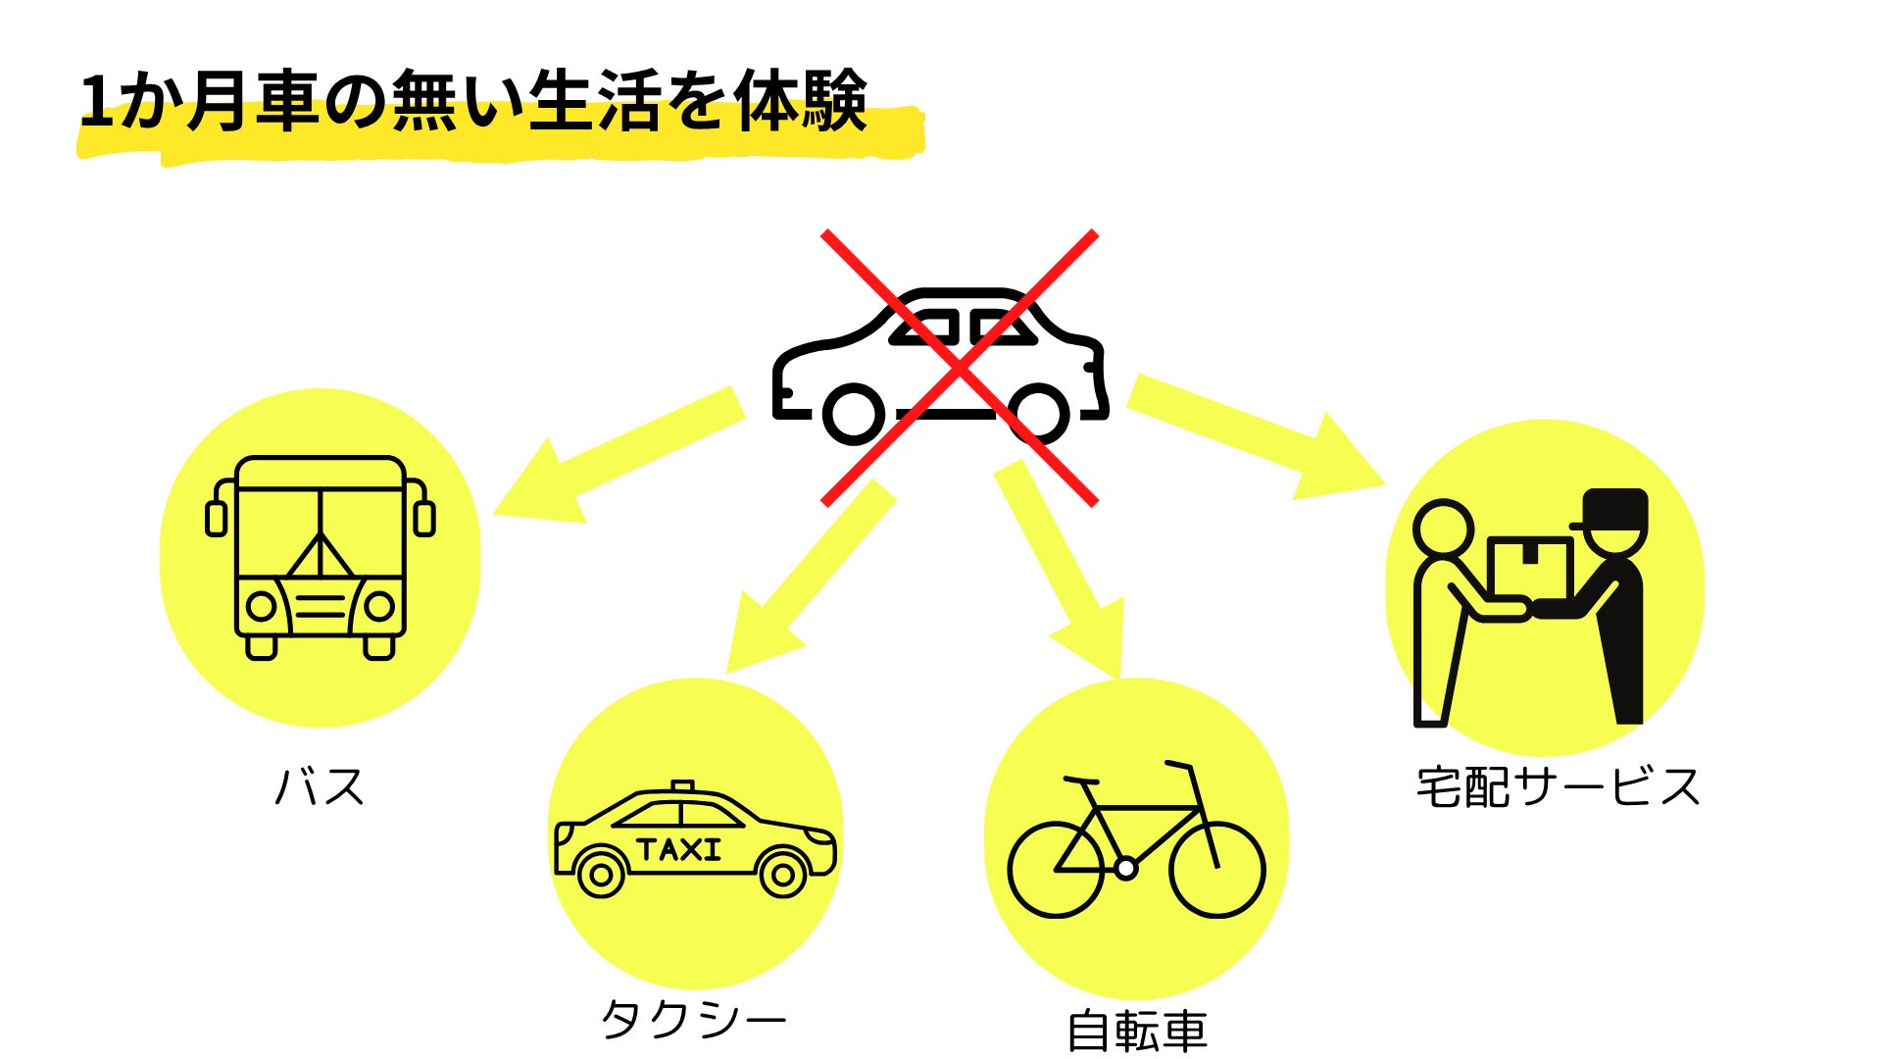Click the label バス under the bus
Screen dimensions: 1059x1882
320,786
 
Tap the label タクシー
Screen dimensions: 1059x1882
693,1020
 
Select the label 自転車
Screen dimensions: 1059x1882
1136,1032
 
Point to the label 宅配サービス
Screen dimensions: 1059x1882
1558,786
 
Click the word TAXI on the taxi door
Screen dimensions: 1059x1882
679,849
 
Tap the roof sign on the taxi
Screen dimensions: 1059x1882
683,786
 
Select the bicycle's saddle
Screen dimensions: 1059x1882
1081,781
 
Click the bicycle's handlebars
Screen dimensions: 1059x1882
1178,764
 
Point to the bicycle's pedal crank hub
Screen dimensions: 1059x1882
1126,868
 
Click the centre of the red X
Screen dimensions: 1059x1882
959,369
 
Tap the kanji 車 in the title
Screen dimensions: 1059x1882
288,102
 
